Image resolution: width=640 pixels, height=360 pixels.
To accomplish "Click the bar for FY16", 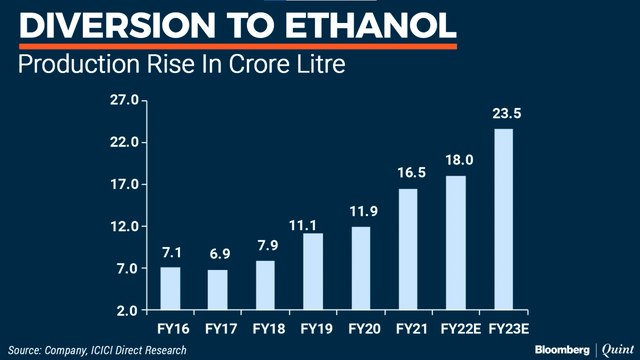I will [x=170, y=288].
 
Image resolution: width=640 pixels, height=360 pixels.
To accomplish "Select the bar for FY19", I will [x=313, y=271].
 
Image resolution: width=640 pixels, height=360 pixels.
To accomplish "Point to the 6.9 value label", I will [x=218, y=255].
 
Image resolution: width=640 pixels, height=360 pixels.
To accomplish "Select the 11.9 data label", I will [x=360, y=212].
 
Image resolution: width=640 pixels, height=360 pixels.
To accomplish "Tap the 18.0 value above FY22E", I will [x=455, y=160].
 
